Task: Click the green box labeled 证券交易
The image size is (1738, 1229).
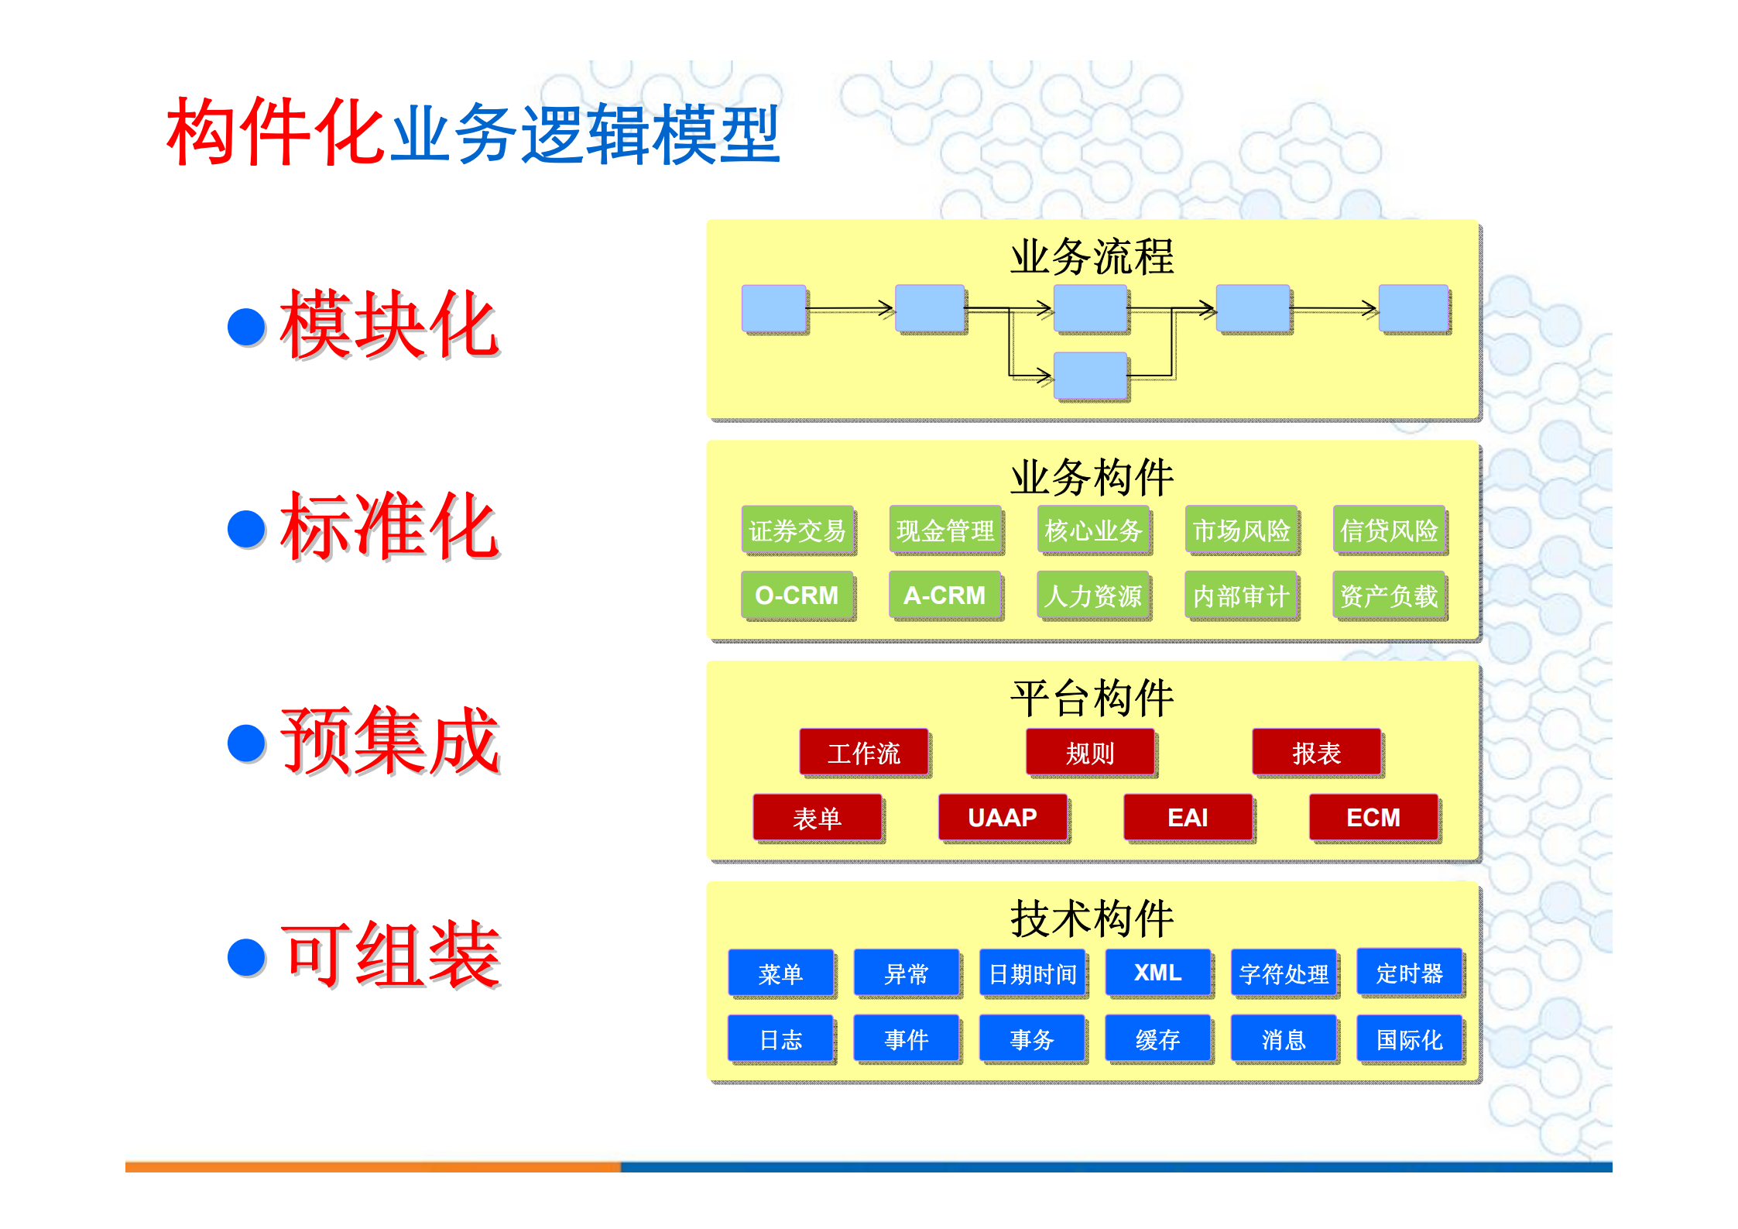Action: pyautogui.click(x=797, y=530)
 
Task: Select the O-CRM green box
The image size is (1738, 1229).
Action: pyautogui.click(x=797, y=596)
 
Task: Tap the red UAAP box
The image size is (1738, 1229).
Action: pyautogui.click(x=1003, y=818)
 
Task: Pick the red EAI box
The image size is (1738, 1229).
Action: pyautogui.click(x=1188, y=818)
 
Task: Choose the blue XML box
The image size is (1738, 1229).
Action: pyautogui.click(x=1157, y=973)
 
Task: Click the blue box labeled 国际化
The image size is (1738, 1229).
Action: pyautogui.click(x=1409, y=1039)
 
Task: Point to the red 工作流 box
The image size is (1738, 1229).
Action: pyautogui.click(x=864, y=753)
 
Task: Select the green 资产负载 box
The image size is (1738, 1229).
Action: pyautogui.click(x=1389, y=596)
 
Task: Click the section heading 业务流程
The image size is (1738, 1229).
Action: pyautogui.click(x=1092, y=257)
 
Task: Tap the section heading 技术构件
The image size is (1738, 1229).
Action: pyautogui.click(x=1092, y=919)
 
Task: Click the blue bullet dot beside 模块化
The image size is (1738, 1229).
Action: pyautogui.click(x=247, y=327)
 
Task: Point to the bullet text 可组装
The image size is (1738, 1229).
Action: pyautogui.click(x=390, y=955)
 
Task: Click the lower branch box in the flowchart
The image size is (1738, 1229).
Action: pyautogui.click(x=1091, y=376)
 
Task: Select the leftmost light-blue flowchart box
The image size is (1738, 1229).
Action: pyautogui.click(x=774, y=308)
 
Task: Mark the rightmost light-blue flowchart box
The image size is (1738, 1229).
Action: pyautogui.click(x=1414, y=308)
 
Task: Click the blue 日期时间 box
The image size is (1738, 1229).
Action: pyautogui.click(x=1032, y=973)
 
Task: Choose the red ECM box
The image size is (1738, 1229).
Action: pyautogui.click(x=1373, y=818)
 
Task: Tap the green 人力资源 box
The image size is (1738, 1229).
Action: pyautogui.click(x=1093, y=596)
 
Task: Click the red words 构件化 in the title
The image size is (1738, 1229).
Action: pyautogui.click(x=276, y=132)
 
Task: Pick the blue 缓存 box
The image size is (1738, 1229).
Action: pyautogui.click(x=1157, y=1039)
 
